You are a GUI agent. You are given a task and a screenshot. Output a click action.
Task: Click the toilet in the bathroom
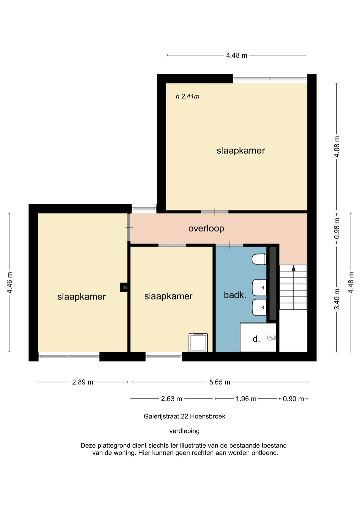click(x=259, y=260)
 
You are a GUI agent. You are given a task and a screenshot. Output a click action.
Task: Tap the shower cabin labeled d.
click(x=258, y=337)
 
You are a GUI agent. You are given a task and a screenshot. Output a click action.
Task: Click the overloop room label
click(x=206, y=228)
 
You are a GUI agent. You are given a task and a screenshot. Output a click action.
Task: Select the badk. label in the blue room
click(x=235, y=295)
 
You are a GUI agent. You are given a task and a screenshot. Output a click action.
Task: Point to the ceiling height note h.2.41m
click(x=188, y=96)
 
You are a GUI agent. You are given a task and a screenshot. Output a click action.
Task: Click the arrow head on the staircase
click(x=293, y=268)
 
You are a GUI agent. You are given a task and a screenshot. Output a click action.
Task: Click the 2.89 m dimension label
click(x=83, y=382)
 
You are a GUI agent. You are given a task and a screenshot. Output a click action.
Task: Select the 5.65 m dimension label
click(x=220, y=382)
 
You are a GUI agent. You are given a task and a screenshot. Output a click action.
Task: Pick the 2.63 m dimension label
click(x=171, y=399)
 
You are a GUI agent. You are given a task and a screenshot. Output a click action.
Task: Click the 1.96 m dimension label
click(x=246, y=399)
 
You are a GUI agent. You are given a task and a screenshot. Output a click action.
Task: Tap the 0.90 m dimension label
click(x=293, y=399)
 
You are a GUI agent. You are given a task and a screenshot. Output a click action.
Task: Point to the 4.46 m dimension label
click(x=10, y=283)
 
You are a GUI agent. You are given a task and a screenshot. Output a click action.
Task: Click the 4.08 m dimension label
click(x=337, y=146)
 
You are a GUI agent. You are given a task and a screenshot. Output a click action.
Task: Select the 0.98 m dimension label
click(x=337, y=228)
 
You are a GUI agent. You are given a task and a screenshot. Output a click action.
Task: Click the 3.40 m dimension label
click(x=337, y=299)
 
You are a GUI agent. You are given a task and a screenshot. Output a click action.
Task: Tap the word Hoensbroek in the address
click(x=208, y=416)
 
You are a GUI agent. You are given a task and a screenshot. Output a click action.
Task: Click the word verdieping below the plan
click(x=184, y=431)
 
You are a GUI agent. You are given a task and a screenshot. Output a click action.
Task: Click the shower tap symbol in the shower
click(x=272, y=338)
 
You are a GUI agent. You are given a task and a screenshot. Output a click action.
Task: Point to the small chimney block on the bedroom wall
click(x=124, y=288)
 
